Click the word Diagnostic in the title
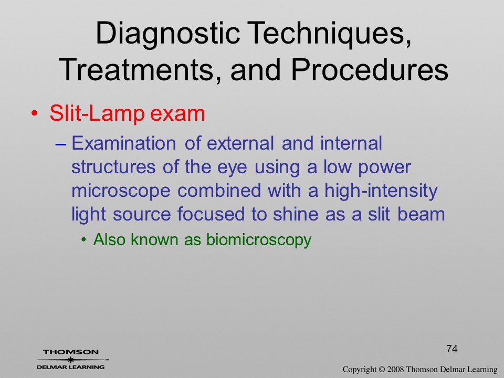[168, 34]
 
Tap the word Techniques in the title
[330, 34]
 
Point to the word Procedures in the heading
[370, 70]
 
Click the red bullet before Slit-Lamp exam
[35, 114]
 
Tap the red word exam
[177, 114]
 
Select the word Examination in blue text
[123, 143]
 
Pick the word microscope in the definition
[121, 191]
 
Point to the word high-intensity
[381, 190]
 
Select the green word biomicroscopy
[259, 240]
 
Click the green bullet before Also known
[84, 240]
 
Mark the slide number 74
[452, 349]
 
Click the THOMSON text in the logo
[71, 352]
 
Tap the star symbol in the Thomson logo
[71, 360]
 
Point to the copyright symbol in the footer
[382, 370]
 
